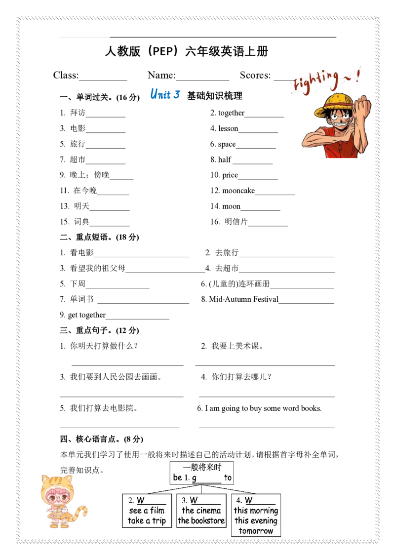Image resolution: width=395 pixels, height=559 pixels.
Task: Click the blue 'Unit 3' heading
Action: pyautogui.click(x=165, y=94)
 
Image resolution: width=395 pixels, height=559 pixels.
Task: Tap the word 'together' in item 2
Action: pyautogui.click(x=232, y=113)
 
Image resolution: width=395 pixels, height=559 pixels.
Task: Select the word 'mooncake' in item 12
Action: pyautogui.click(x=238, y=191)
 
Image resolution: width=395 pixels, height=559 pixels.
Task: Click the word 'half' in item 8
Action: pyautogui.click(x=225, y=160)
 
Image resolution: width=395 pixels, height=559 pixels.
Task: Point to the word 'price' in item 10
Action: pyautogui.click(x=230, y=175)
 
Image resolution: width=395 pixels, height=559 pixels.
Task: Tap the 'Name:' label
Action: pyautogui.click(x=162, y=75)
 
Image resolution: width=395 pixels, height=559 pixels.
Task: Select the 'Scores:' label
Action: pyautogui.click(x=255, y=75)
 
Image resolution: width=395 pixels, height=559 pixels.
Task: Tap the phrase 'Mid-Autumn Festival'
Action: pyautogui.click(x=243, y=299)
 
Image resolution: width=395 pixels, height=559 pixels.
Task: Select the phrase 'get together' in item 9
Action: pyautogui.click(x=86, y=315)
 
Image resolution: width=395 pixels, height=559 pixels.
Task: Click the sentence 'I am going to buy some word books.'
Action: pyautogui.click(x=263, y=408)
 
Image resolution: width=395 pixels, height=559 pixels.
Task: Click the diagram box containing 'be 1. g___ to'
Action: pyautogui.click(x=202, y=473)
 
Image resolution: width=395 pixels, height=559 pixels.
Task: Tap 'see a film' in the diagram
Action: pyautogui.click(x=147, y=511)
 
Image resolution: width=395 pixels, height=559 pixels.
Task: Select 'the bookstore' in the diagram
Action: pyautogui.click(x=201, y=520)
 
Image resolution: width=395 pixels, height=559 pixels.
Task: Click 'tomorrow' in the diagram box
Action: pyautogui.click(x=256, y=531)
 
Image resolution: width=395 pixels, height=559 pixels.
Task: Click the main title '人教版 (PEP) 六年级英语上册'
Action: pyautogui.click(x=187, y=51)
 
